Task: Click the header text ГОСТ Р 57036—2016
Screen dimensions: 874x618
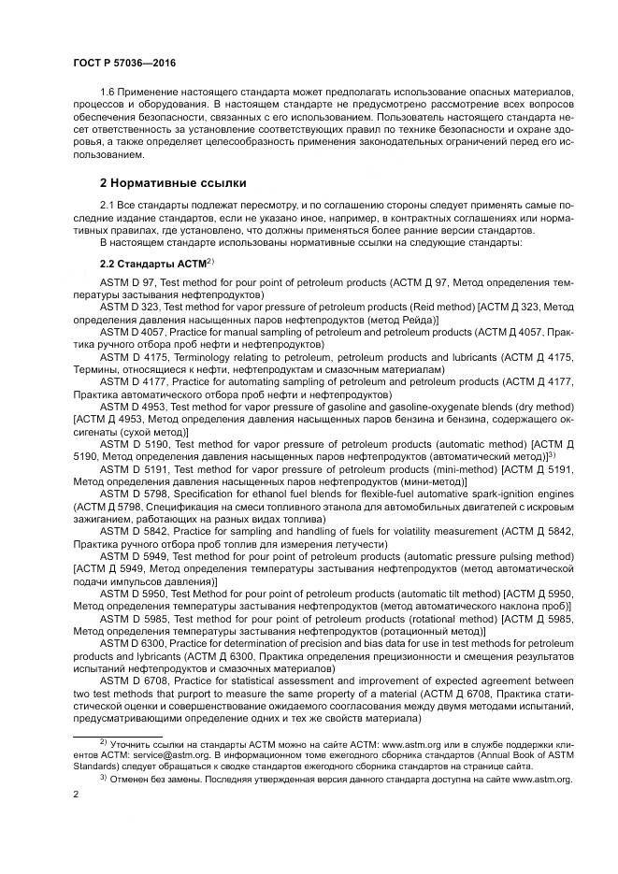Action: (124, 62)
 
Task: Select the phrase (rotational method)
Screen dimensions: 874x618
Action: (446, 619)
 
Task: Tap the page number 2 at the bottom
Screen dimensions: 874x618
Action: (76, 795)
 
